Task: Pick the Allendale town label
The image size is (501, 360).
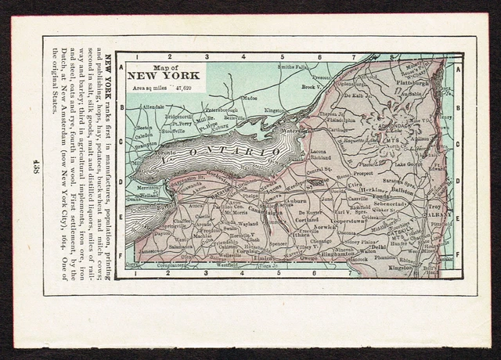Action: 154,106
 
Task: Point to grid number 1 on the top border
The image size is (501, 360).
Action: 136,57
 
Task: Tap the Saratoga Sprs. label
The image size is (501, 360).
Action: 397,180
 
